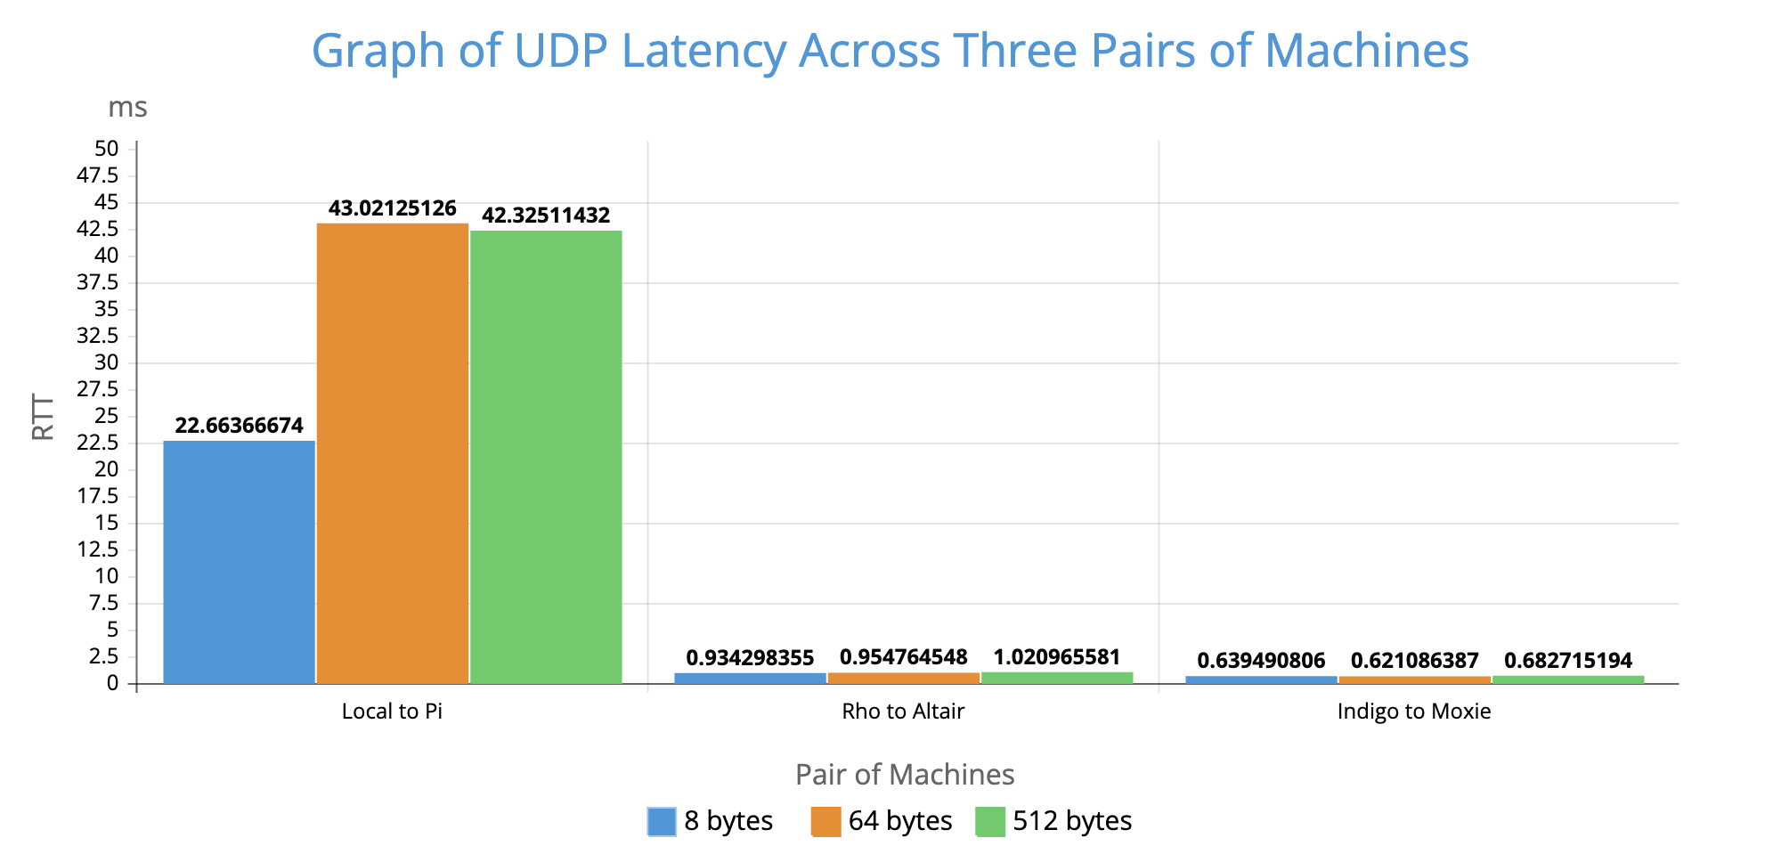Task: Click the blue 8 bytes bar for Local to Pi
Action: [240, 562]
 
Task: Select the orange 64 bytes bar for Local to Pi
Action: [393, 453]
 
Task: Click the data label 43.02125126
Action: [393, 209]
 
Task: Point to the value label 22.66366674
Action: [240, 426]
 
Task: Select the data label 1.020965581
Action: [1056, 658]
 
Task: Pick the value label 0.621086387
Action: [1414, 661]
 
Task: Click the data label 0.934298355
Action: [750, 658]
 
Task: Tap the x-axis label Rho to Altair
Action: [903, 712]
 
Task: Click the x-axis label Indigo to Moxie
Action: [1414, 712]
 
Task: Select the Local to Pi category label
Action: [392, 712]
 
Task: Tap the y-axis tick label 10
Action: [107, 576]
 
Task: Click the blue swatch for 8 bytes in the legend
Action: [662, 821]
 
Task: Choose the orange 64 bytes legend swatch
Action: [825, 821]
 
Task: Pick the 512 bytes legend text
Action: [1072, 821]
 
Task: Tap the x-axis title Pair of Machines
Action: [905, 775]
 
